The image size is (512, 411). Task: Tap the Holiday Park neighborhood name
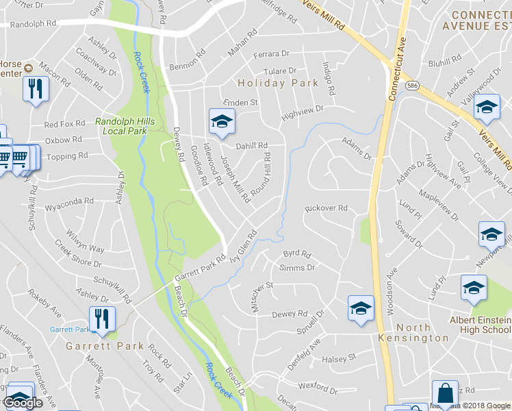point(278,84)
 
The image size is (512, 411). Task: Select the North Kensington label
point(414,333)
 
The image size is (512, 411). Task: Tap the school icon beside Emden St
point(221,122)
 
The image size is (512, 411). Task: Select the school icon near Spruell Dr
point(361,308)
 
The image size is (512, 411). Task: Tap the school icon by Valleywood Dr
point(487,108)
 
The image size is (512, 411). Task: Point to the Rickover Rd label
point(327,208)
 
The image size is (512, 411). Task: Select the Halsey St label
point(340,358)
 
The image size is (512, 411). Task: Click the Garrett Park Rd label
point(200,268)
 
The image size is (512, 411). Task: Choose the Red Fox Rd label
point(64,124)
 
